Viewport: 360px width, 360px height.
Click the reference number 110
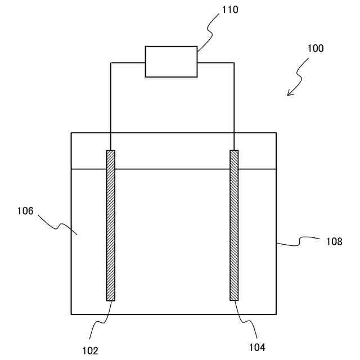pyautogui.click(x=214, y=10)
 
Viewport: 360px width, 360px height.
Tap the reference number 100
pyautogui.click(x=315, y=48)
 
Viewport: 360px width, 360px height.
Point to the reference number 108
pyautogui.click(x=334, y=241)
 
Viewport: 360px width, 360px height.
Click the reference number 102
pyautogui.click(x=89, y=349)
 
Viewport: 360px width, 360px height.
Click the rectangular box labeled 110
pyautogui.click(x=171, y=61)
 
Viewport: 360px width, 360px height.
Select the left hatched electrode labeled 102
pyautogui.click(x=110, y=225)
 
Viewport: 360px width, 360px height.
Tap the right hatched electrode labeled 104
pyautogui.click(x=234, y=225)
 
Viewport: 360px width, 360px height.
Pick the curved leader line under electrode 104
pyautogui.click(x=243, y=319)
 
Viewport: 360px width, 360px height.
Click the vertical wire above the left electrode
pyautogui.click(x=110, y=107)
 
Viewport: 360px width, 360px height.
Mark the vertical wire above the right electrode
pyautogui.click(x=234, y=107)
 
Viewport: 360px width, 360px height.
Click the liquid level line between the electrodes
pyautogui.click(x=172, y=169)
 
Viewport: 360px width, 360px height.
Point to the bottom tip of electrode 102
pyautogui.click(x=110, y=300)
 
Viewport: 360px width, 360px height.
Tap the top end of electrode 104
pyautogui.click(x=234, y=151)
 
